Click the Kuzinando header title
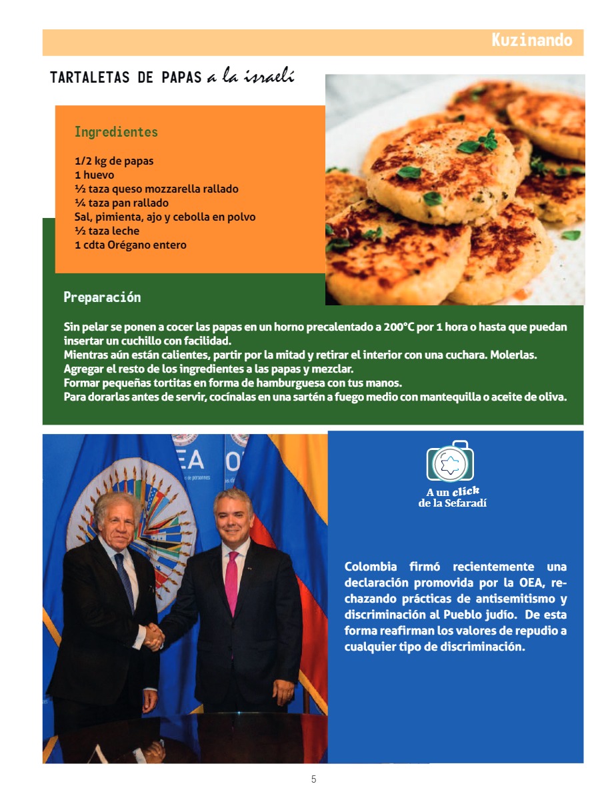pyautogui.click(x=531, y=40)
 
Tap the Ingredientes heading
pyautogui.click(x=116, y=131)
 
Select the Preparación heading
pyautogui.click(x=102, y=297)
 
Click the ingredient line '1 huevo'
pyautogui.click(x=94, y=175)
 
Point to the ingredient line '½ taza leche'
pyautogui.click(x=107, y=231)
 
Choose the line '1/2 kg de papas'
pyautogui.click(x=114, y=161)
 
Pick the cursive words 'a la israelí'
pyautogui.click(x=250, y=77)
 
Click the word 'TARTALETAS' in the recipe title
pyautogui.click(x=90, y=77)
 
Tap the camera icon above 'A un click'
pyautogui.click(x=450, y=461)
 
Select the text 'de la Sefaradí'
pyautogui.click(x=453, y=503)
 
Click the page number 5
pyautogui.click(x=313, y=779)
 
